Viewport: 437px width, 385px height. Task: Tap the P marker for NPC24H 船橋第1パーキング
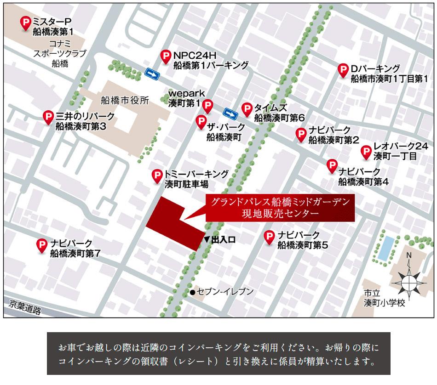tap(166, 57)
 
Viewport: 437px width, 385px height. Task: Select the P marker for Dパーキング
tap(343, 70)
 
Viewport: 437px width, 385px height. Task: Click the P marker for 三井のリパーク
tap(48, 117)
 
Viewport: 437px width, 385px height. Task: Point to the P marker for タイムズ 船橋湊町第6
tap(247, 108)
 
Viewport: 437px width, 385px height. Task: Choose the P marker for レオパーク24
tap(366, 152)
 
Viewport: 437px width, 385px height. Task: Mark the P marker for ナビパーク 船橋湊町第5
tap(270, 237)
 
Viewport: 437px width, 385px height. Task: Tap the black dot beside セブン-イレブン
tap(192, 292)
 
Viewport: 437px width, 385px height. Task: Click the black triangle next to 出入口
tap(207, 239)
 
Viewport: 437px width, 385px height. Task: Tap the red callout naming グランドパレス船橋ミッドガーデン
tap(280, 208)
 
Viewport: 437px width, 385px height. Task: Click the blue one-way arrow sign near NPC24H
tap(152, 74)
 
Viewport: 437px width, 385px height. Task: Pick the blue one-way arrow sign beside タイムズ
tap(230, 112)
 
